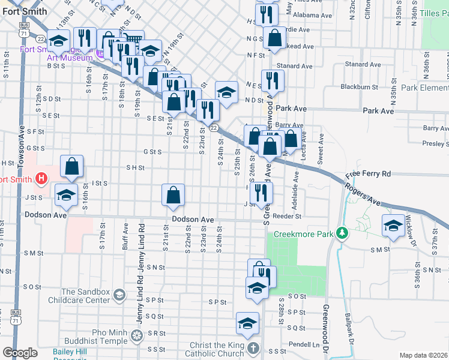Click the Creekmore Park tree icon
point(342,232)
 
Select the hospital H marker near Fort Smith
point(41,178)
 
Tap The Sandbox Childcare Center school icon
point(119,294)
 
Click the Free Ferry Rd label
point(367,174)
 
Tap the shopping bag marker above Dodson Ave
point(173,195)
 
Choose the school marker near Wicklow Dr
point(393,227)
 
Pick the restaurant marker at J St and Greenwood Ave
point(261,193)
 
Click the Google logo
point(20,353)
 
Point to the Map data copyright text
point(423,355)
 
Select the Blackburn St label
point(359,86)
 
